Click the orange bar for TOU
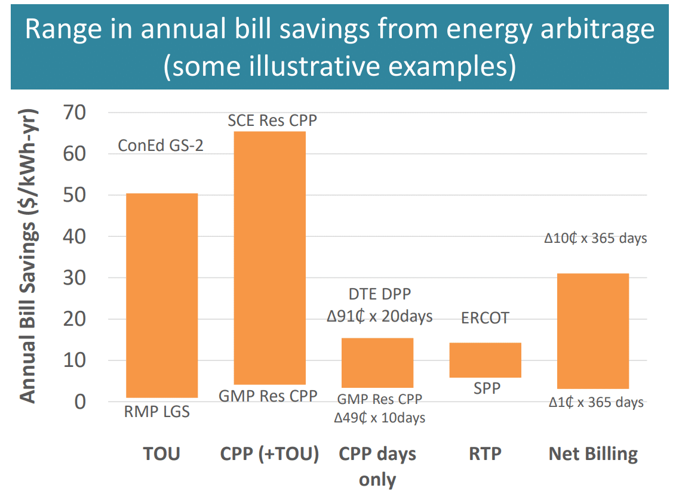point(161,295)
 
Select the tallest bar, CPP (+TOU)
point(269,258)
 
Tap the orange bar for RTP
point(485,360)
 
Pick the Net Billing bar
point(593,331)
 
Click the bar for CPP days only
point(377,363)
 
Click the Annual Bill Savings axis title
point(27,257)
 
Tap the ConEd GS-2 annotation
point(161,145)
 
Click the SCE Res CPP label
point(272,121)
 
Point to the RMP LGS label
point(156,412)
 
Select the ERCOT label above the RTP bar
point(485,318)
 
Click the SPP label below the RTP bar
point(485,388)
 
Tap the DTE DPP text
point(380,294)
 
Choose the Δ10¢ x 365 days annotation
point(595,238)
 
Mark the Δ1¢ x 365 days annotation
point(596,403)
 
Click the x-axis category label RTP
point(484,454)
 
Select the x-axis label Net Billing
point(593,454)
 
